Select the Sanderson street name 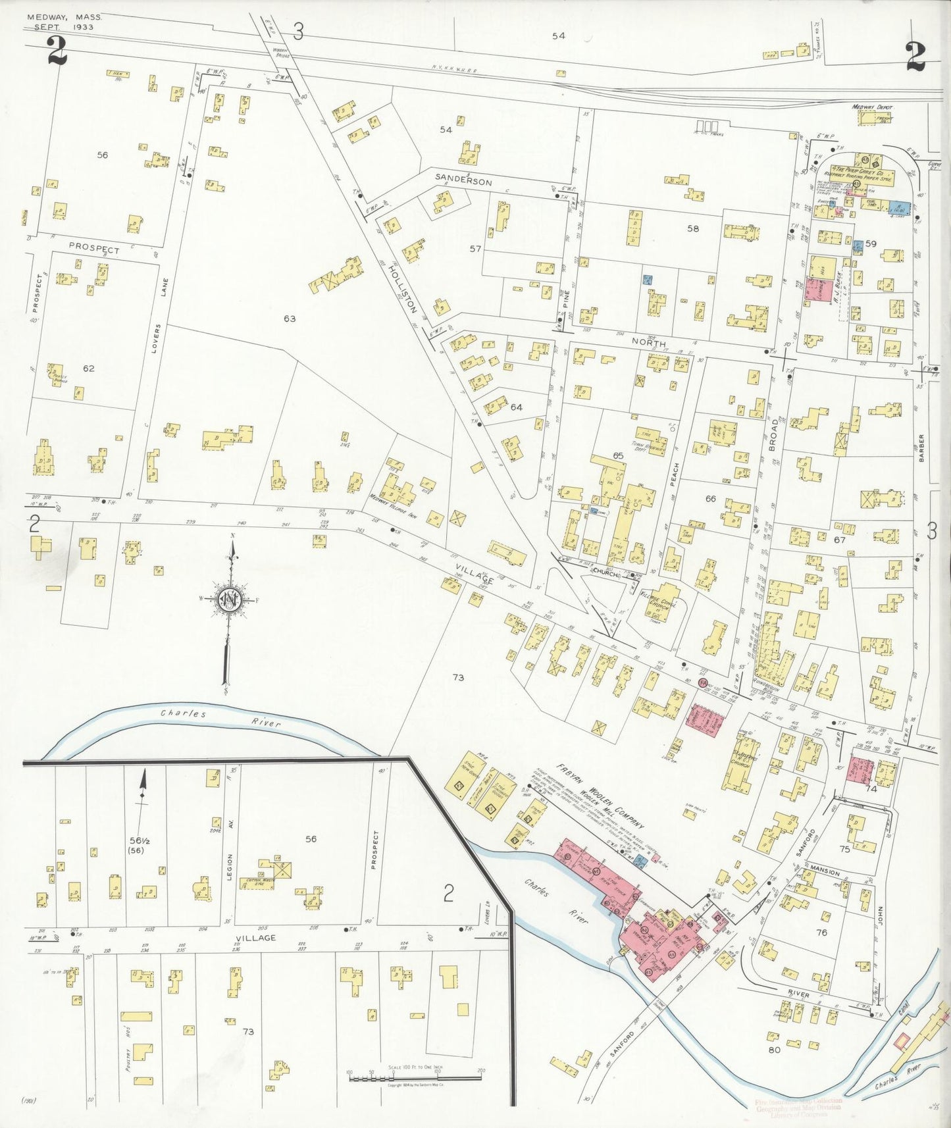point(463,181)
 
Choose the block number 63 point(290,319)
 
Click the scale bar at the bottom point(415,1078)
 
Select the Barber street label point(922,449)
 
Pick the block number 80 point(774,1049)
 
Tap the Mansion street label point(825,871)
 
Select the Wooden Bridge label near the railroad point(277,53)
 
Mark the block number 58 point(693,228)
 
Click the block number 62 point(89,368)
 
